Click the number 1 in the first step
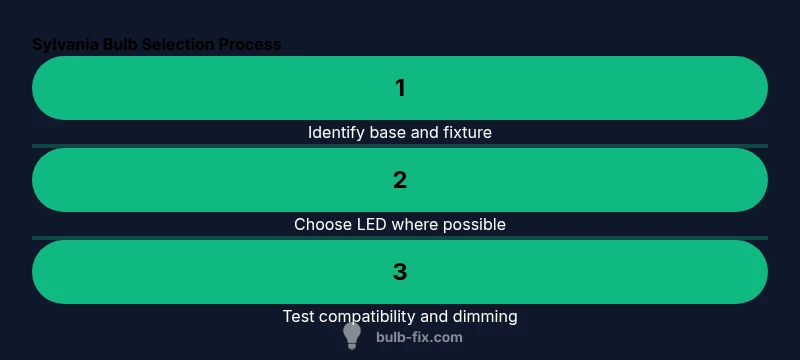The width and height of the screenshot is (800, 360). pos(400,88)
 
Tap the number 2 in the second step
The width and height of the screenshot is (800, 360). pos(400,180)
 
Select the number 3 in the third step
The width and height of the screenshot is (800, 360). pos(400,272)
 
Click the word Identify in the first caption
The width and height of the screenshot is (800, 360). pos(335,132)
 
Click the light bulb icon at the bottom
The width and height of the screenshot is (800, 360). pos(352,335)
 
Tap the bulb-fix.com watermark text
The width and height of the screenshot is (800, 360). pos(419,337)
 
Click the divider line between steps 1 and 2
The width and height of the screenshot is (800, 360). pos(400,146)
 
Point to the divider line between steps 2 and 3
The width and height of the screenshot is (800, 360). pos(400,238)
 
